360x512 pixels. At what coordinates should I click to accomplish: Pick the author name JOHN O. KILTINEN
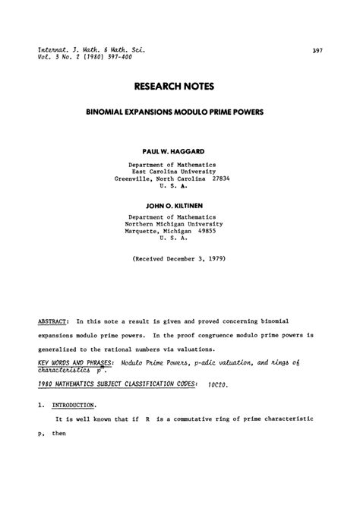[x=179, y=205]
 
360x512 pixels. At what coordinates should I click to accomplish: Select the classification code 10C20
[x=219, y=384]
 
